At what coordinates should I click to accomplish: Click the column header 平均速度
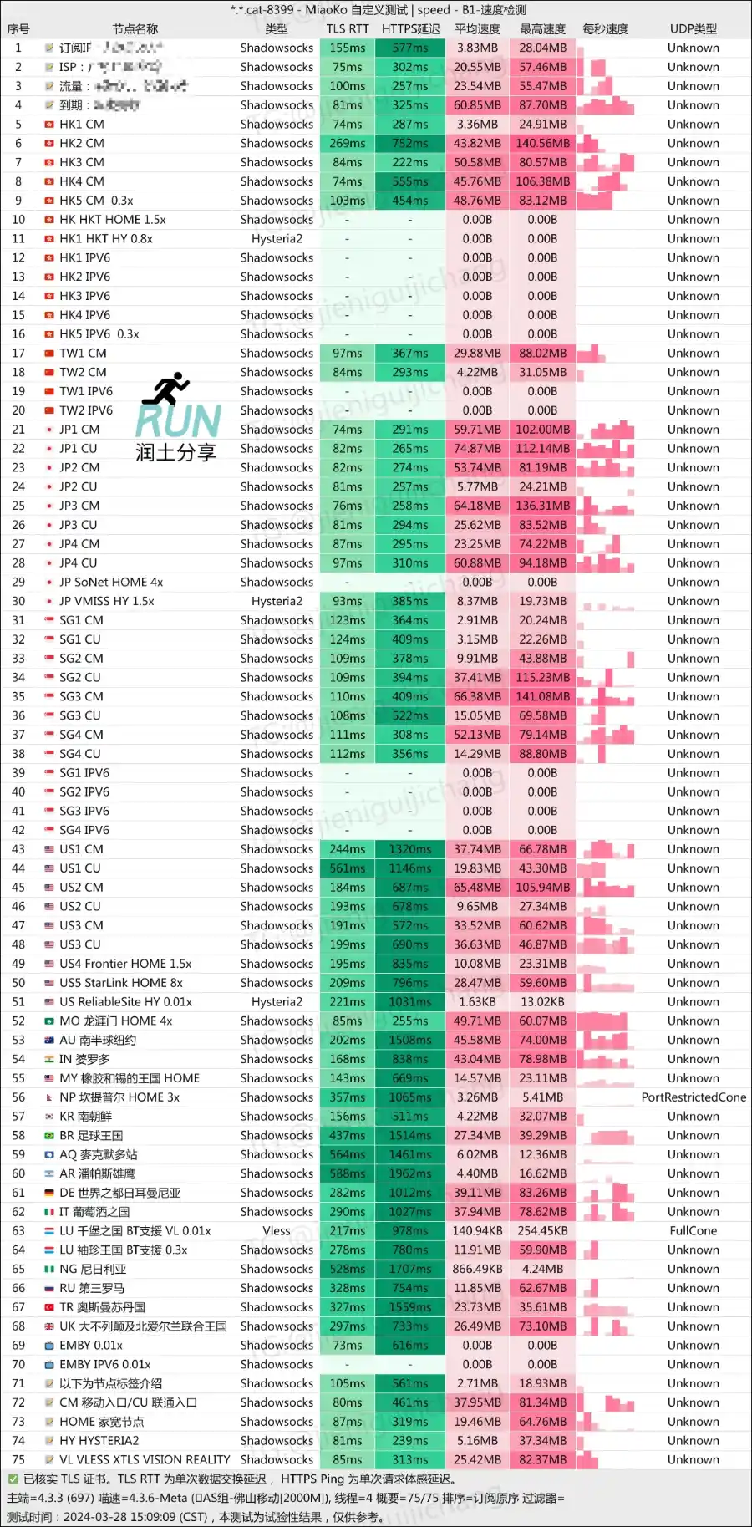(x=477, y=29)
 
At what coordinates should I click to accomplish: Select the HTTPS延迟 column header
(x=410, y=29)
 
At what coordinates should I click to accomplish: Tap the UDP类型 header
(x=693, y=29)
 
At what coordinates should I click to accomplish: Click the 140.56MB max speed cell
(x=542, y=143)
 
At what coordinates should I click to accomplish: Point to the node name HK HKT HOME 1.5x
(x=112, y=220)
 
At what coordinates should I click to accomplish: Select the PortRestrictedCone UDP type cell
(x=693, y=1097)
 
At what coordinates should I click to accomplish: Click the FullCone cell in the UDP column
(x=693, y=1231)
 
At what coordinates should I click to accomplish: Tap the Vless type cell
(x=277, y=1231)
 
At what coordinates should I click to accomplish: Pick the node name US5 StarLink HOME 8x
(x=120, y=983)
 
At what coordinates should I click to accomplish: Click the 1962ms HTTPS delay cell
(x=410, y=1173)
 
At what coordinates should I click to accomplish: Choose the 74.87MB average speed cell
(x=477, y=449)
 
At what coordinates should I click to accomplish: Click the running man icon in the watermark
(x=166, y=389)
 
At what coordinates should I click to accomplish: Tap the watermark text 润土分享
(x=175, y=453)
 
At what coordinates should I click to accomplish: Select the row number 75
(x=18, y=1460)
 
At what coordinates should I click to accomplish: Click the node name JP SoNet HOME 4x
(x=111, y=583)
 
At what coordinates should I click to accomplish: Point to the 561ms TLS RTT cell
(x=347, y=868)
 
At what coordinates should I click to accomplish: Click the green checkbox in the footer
(x=13, y=1479)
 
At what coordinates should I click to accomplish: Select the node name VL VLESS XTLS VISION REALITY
(x=145, y=1460)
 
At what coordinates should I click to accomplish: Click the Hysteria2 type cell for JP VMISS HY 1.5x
(x=277, y=602)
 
